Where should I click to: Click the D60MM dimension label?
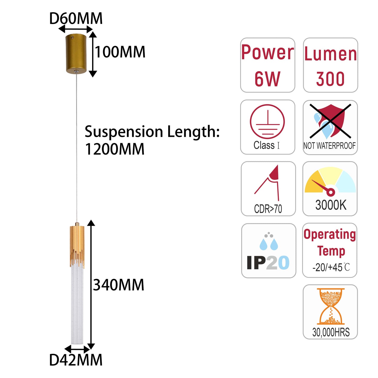tap(76, 18)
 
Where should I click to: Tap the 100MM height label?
tap(120, 52)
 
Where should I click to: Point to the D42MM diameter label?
tap(76, 360)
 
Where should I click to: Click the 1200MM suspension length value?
tap(115, 149)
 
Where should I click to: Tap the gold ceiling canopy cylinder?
tap(76, 54)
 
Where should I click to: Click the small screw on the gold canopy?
tap(73, 37)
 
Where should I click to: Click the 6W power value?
tap(267, 79)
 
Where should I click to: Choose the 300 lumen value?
tap(330, 79)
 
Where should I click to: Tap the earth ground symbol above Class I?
tap(267, 122)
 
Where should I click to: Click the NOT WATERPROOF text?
tap(330, 145)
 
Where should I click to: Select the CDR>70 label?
tap(268, 209)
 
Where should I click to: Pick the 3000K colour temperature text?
tap(331, 205)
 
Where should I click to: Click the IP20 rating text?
tap(268, 262)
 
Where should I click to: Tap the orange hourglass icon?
tap(331, 306)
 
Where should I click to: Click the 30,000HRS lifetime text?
tap(331, 332)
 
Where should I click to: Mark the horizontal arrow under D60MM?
tap(76, 29)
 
